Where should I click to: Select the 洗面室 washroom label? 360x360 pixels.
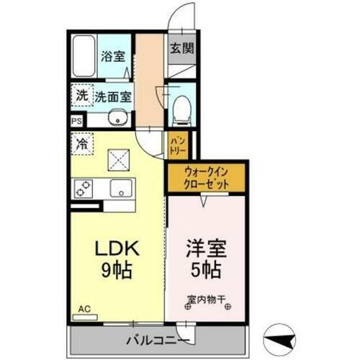[113, 94]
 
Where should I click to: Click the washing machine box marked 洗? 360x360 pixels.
[82, 94]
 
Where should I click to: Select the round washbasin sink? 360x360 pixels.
[117, 120]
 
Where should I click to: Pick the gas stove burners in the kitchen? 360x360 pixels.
[84, 189]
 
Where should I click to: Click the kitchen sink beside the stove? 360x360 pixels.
[120, 189]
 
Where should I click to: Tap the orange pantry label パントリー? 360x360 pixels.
[177, 145]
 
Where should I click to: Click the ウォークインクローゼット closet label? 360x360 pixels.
[207, 178]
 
